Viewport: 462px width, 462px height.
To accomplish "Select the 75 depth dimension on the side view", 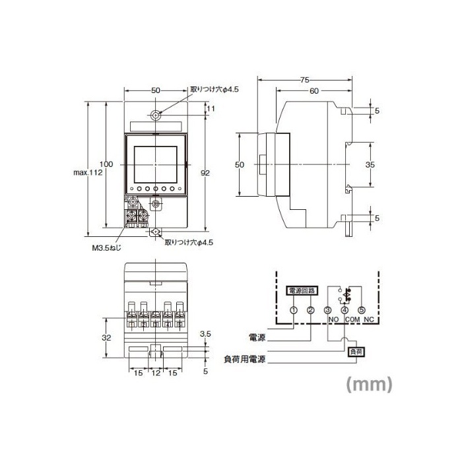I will [x=304, y=80].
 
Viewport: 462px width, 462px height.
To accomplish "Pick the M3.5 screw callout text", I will [x=108, y=249].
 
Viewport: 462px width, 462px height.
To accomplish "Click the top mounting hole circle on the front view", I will [x=155, y=115].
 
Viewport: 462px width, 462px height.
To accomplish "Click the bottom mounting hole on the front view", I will [x=155, y=232].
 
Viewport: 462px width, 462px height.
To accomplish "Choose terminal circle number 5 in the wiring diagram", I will [x=361, y=310].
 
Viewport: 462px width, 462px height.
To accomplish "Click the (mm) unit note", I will [x=370, y=383].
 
